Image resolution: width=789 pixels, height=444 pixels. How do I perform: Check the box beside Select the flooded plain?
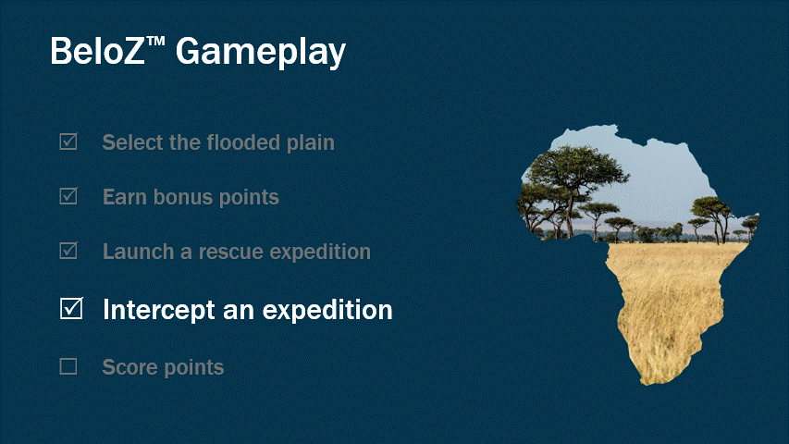[68, 142]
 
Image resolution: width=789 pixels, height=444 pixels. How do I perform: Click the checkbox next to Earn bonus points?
[68, 196]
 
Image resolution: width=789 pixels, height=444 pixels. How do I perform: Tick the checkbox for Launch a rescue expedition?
[68, 251]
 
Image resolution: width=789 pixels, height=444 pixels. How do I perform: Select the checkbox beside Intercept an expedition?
[71, 309]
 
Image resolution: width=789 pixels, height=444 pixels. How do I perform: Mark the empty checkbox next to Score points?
[68, 366]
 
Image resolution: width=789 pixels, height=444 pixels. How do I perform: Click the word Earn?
[124, 197]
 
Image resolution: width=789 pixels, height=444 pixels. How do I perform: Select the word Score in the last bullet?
[128, 367]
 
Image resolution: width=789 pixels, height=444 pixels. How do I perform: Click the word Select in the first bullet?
[130, 142]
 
